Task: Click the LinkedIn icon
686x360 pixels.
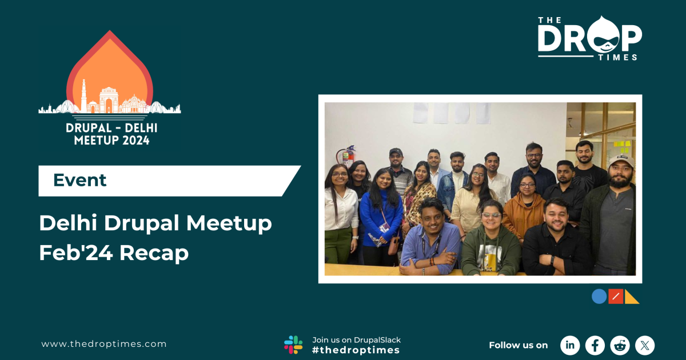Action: click(x=569, y=345)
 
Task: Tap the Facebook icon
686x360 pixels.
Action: click(x=595, y=345)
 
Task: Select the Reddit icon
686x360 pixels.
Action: click(x=620, y=345)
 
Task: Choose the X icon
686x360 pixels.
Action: click(x=645, y=345)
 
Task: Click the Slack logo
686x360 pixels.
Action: click(x=293, y=345)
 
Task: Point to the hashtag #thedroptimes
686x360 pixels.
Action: click(x=356, y=350)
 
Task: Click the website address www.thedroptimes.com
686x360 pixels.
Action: click(x=104, y=344)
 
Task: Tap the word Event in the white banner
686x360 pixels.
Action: click(x=79, y=180)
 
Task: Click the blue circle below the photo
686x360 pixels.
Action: click(x=599, y=297)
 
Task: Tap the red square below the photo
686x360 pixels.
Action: click(x=615, y=297)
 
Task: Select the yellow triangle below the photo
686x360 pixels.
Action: click(x=632, y=297)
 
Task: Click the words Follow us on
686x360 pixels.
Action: click(x=518, y=345)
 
